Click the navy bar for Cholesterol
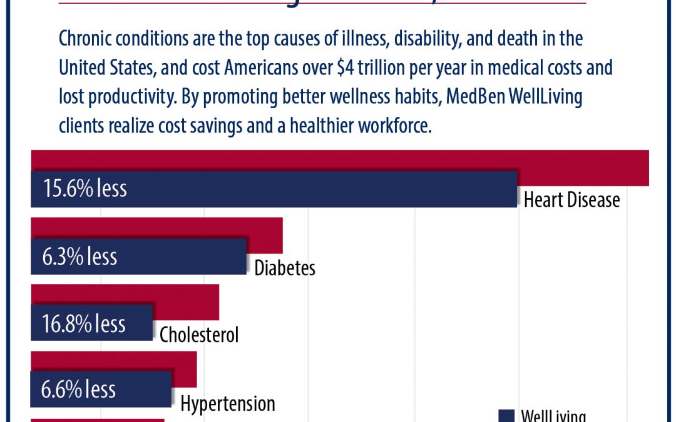tap(135, 323)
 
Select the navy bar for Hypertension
tap(144, 389)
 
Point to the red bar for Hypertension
tap(185, 361)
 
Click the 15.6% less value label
tap(84, 189)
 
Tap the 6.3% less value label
tap(79, 256)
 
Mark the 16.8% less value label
tap(84, 323)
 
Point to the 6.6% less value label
tap(79, 389)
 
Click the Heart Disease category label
tap(571, 199)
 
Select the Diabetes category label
tap(285, 268)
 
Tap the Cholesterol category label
tap(199, 334)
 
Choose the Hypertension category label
tap(228, 403)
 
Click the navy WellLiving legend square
tap(506, 416)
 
